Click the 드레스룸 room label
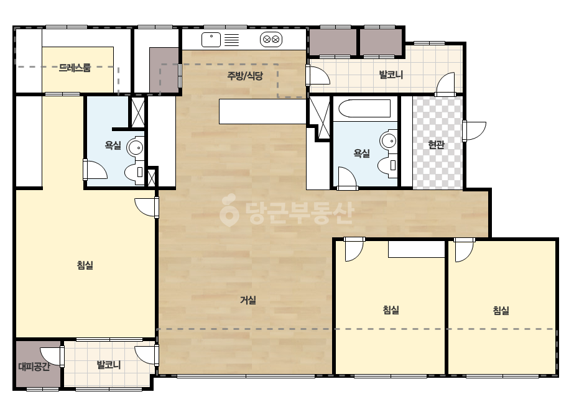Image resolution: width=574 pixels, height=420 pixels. (x=75, y=68)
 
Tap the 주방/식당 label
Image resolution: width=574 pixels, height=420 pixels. (x=245, y=76)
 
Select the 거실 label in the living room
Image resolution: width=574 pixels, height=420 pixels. (x=248, y=300)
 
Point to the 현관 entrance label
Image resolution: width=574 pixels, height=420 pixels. (x=437, y=145)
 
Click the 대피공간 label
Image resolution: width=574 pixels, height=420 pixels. (x=34, y=366)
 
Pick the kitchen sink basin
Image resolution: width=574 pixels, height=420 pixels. (x=211, y=40)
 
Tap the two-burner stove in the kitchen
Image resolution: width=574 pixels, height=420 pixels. (x=271, y=39)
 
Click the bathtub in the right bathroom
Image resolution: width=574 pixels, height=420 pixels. (x=364, y=109)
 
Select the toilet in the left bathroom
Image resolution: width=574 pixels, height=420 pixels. (x=134, y=172)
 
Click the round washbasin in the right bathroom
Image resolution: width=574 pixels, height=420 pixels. (x=389, y=140)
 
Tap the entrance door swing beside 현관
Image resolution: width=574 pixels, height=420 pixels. (x=474, y=130)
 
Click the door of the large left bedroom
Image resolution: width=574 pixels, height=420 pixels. (x=146, y=208)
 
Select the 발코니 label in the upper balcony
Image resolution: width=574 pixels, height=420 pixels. (x=391, y=75)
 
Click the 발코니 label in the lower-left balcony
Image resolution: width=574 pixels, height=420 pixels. (x=108, y=365)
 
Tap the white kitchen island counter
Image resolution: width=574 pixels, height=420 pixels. (x=262, y=112)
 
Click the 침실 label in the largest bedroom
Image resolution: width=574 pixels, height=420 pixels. (x=85, y=265)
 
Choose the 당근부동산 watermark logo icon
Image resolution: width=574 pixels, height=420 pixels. (x=229, y=211)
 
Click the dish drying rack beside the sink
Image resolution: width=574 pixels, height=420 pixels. (x=231, y=40)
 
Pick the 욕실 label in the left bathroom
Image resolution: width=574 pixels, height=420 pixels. (x=113, y=145)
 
